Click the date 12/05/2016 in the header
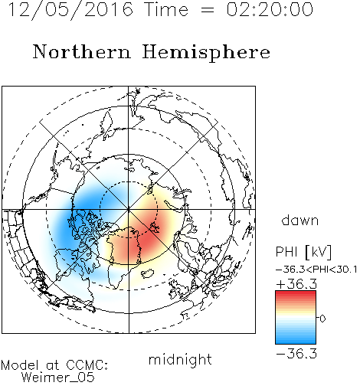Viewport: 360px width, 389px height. pyautogui.click(x=70, y=10)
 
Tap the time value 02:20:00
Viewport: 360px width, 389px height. pyautogui.click(x=270, y=9)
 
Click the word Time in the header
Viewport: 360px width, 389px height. pyautogui.click(x=166, y=9)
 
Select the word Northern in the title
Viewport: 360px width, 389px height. pyautogui.click(x=81, y=52)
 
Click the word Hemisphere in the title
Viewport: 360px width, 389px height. pyautogui.click(x=206, y=53)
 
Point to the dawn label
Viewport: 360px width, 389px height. pyautogui.click(x=300, y=220)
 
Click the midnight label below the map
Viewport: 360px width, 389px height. pyautogui.click(x=180, y=360)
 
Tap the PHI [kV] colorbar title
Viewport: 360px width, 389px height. pyautogui.click(x=303, y=252)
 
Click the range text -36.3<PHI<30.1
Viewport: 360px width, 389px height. pyautogui.click(x=316, y=270)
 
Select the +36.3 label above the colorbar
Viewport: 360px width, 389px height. pyautogui.click(x=296, y=284)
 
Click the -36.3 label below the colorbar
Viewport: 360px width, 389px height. pyautogui.click(x=296, y=354)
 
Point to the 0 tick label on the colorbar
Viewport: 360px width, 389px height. pyautogui.click(x=322, y=319)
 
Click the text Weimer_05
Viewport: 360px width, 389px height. pyautogui.click(x=58, y=378)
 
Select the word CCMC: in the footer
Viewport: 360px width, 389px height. pyautogui.click(x=87, y=365)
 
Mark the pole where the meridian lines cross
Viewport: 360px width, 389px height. pyautogui.click(x=129, y=210)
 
